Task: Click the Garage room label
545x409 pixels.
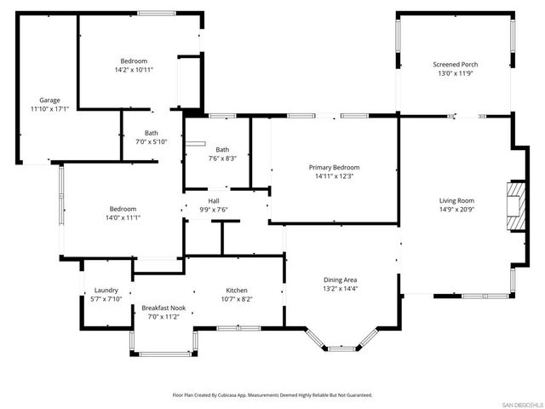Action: [49, 100]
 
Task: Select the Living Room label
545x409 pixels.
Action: [456, 199]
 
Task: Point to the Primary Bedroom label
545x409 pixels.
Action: [334, 167]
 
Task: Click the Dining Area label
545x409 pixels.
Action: [340, 279]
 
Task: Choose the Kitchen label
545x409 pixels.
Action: [237, 290]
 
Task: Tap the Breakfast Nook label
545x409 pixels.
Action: [163, 308]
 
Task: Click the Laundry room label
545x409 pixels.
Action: [106, 290]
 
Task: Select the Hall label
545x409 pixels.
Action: [214, 200]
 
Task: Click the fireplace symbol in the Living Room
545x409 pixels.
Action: [515, 206]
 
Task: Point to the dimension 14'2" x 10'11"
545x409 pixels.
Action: [135, 70]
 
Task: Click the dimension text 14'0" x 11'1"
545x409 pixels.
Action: [123, 218]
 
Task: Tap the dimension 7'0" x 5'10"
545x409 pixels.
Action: [152, 141]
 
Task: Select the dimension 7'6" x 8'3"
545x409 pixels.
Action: [222, 158]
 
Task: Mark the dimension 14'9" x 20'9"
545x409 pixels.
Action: [456, 209]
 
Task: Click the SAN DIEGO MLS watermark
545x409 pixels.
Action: [520, 403]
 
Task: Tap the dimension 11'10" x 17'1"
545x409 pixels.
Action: [49, 109]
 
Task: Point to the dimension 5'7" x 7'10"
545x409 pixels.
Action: [106, 299]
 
